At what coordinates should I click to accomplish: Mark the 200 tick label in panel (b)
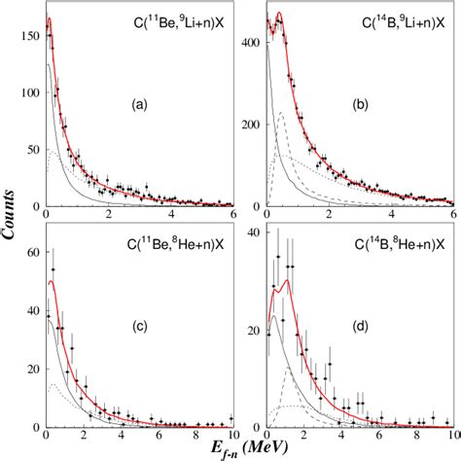point(249,125)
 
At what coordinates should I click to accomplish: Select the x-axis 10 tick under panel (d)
point(449,435)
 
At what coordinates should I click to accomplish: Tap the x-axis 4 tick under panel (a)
point(172,217)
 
